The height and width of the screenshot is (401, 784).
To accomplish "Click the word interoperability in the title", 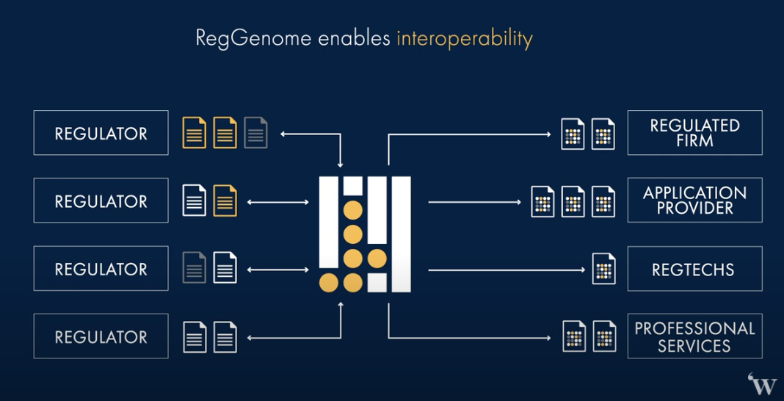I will (464, 38).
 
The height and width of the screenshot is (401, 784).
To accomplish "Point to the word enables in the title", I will (354, 38).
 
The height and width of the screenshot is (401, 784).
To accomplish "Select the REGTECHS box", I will (694, 269).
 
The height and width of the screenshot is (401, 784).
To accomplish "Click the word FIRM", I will (694, 141).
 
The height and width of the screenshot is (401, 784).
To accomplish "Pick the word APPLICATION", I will (694, 193).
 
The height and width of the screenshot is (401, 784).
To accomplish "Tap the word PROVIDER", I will (694, 209).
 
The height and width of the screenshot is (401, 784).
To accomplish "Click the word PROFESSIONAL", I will (694, 328).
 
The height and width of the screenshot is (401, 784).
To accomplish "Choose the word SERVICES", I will (694, 346).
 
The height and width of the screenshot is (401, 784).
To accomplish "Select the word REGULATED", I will (694, 126).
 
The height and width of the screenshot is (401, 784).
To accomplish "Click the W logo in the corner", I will (763, 385).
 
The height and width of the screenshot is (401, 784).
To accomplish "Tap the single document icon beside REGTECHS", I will (603, 269).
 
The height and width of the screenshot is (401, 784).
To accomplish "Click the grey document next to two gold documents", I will (255, 133).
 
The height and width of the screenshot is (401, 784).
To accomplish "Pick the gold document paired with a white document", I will (225, 201).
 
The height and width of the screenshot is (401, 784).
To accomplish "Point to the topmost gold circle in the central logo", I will (353, 211).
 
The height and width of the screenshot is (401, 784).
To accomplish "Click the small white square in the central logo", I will (377, 282).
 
